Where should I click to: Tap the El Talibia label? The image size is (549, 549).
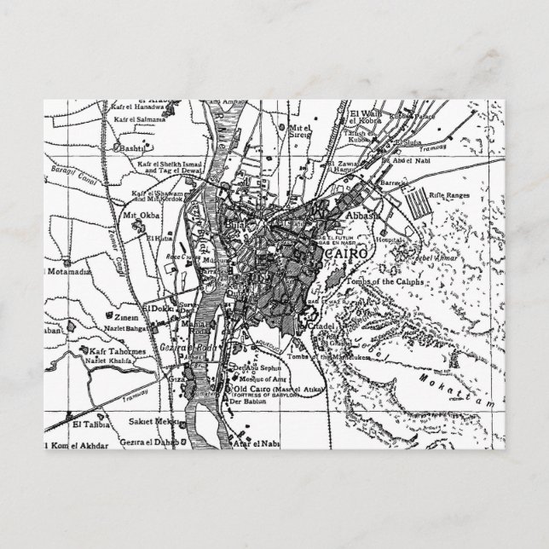pos(88,422)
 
